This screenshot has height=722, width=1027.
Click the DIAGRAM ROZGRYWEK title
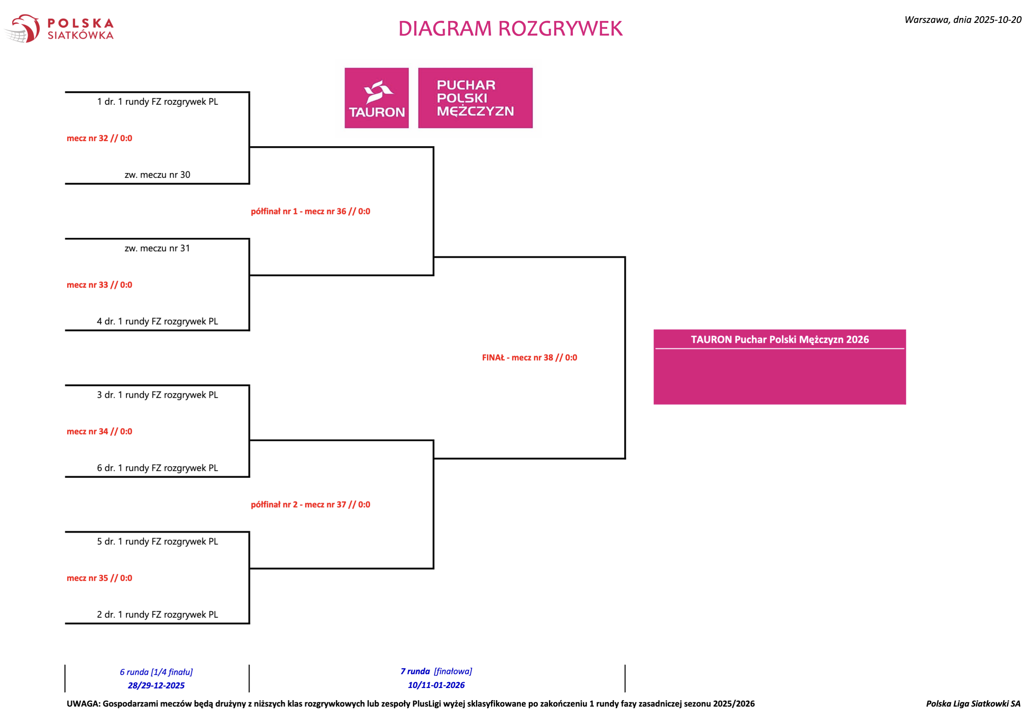(510, 28)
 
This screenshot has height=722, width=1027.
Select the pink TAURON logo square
(377, 98)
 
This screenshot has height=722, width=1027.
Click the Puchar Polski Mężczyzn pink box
(475, 98)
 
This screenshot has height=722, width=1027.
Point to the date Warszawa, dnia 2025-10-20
(963, 20)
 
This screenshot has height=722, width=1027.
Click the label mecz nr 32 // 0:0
(99, 138)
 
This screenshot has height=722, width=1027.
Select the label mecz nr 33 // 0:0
(99, 285)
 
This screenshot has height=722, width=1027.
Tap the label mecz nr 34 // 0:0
(99, 431)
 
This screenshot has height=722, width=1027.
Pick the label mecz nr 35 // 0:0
(99, 578)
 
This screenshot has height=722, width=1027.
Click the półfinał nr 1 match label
(311, 212)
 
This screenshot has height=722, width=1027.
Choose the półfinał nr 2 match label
(311, 505)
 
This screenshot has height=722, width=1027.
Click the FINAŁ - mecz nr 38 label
(529, 358)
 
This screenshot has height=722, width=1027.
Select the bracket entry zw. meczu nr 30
(157, 175)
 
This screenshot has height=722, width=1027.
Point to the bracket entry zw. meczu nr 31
(157, 248)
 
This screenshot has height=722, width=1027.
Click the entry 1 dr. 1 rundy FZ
(157, 102)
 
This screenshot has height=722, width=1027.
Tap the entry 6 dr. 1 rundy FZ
(157, 468)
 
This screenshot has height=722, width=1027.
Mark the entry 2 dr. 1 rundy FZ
(157, 615)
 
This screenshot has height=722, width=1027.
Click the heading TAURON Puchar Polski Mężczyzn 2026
(780, 340)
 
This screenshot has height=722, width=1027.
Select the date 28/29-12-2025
(156, 685)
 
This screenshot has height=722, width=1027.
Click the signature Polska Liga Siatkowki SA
(973, 704)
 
